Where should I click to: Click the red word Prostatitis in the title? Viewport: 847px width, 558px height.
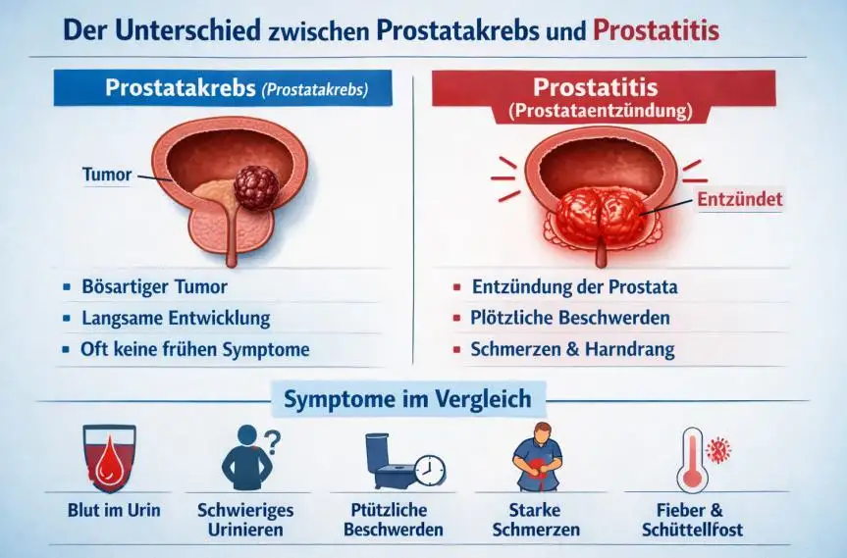pyautogui.click(x=656, y=30)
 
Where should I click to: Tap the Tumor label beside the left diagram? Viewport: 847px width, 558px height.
pyautogui.click(x=107, y=175)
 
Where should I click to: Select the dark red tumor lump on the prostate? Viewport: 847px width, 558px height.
pyautogui.click(x=256, y=187)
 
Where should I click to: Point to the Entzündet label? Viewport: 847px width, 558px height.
pyautogui.click(x=739, y=199)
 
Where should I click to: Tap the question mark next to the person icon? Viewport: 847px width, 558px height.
pyautogui.click(x=274, y=441)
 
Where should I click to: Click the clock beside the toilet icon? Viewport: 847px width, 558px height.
pyautogui.click(x=430, y=470)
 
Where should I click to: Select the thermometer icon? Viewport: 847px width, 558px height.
pyautogui.click(x=692, y=459)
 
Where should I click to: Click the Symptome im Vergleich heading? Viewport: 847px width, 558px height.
pyautogui.click(x=408, y=399)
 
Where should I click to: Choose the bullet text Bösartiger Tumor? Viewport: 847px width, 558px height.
pyautogui.click(x=154, y=286)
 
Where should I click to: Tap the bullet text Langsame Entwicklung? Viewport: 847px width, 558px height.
pyautogui.click(x=176, y=318)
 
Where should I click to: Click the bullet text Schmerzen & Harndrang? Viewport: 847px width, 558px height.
pyautogui.click(x=572, y=349)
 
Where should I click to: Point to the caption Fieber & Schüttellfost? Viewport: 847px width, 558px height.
pyautogui.click(x=693, y=520)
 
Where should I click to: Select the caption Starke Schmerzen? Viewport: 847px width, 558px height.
pyautogui.click(x=536, y=520)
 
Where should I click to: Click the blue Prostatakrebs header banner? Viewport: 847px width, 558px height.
pyautogui.click(x=223, y=88)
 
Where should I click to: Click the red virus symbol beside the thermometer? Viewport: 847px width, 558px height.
pyautogui.click(x=717, y=449)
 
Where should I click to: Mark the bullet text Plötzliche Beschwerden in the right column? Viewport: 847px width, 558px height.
pyautogui.click(x=570, y=318)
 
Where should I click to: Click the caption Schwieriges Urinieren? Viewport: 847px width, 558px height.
pyautogui.click(x=245, y=520)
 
